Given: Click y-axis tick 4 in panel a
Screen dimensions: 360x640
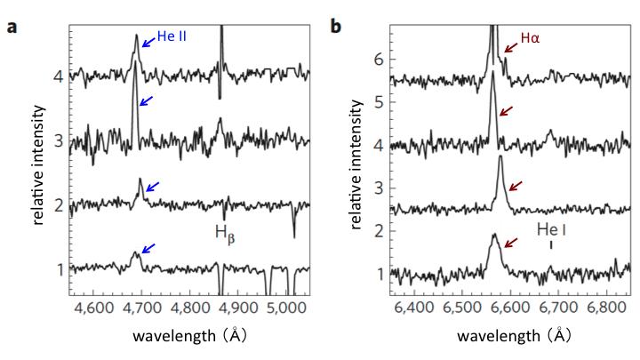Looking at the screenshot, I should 58,76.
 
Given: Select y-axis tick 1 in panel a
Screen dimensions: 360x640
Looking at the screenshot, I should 58,268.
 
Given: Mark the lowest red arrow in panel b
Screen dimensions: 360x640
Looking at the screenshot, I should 513,243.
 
